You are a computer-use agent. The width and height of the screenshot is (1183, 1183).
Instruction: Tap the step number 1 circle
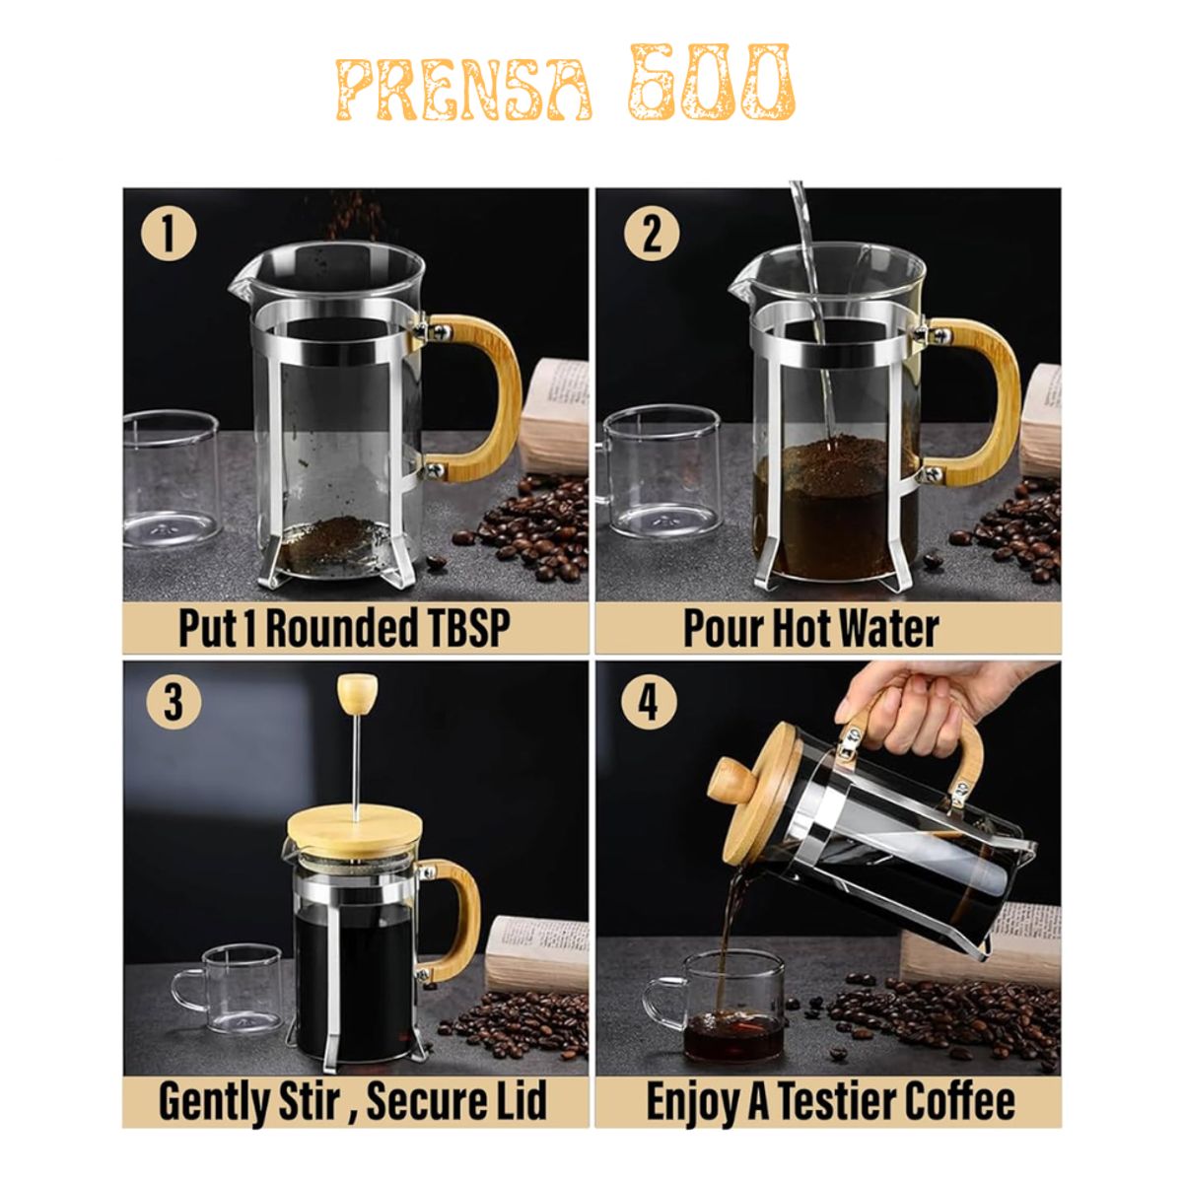point(169,235)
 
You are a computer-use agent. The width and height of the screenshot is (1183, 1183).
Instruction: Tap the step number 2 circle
point(650,235)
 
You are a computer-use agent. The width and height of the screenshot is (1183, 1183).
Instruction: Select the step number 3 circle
point(173,703)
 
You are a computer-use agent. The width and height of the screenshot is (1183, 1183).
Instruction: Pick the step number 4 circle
point(648,703)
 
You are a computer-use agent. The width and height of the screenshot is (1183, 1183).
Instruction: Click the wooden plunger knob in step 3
point(354,695)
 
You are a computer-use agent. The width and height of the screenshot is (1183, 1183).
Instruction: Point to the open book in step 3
point(537,951)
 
